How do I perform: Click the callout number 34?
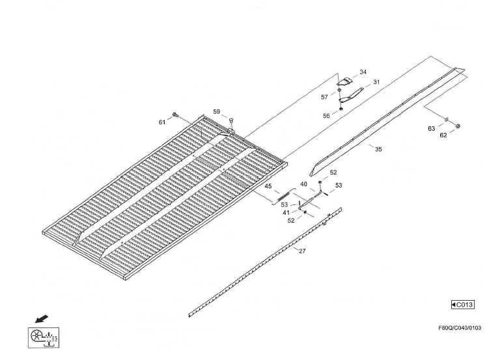click(x=363, y=72)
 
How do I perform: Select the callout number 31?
click(x=376, y=82)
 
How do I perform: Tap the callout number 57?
click(x=324, y=97)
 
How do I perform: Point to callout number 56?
click(x=326, y=116)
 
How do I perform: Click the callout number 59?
click(x=216, y=112)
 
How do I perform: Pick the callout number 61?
click(x=162, y=122)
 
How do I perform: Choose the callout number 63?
click(x=431, y=129)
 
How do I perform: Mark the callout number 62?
click(x=443, y=135)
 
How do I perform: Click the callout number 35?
click(x=378, y=149)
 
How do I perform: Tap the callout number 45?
click(x=268, y=186)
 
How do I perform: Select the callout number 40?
click(x=303, y=184)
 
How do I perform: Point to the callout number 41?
click(x=286, y=212)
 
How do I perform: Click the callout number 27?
click(x=302, y=251)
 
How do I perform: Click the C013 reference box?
click(x=463, y=305)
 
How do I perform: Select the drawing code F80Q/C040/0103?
click(x=460, y=327)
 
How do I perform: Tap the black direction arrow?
click(x=42, y=319)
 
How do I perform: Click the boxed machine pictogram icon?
click(x=44, y=338)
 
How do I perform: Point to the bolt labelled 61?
click(x=174, y=114)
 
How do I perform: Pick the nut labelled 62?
click(x=458, y=126)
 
